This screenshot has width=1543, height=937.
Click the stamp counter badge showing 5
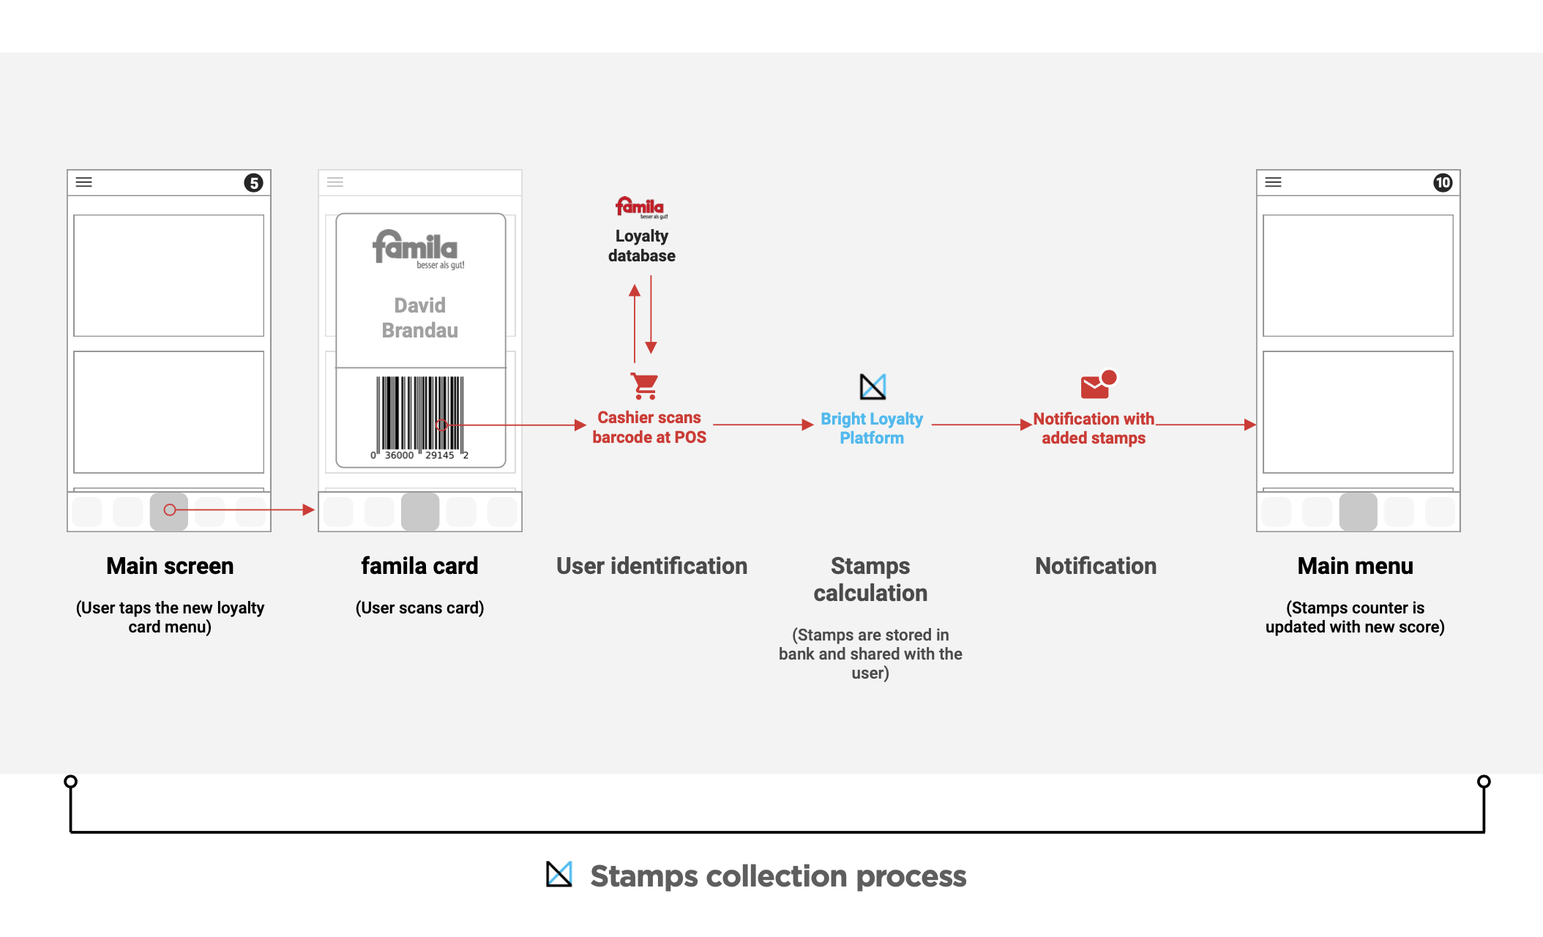tap(253, 182)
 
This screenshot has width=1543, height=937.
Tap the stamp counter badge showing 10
tap(1442, 182)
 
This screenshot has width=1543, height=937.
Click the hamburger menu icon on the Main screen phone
tap(84, 182)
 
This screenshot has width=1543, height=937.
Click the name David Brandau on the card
tap(420, 318)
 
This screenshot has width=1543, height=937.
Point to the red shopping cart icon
tap(645, 386)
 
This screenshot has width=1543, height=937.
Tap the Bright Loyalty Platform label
tap(872, 428)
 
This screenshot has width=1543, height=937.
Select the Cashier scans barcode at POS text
tap(649, 428)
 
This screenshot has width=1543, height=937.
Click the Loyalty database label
tap(642, 246)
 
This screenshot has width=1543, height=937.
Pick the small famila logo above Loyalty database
tap(641, 207)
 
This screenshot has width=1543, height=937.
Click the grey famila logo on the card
tap(418, 250)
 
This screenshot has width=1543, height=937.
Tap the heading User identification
tap(651, 566)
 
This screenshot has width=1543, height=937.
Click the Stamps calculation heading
tap(870, 579)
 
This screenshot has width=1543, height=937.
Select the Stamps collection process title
tap(778, 876)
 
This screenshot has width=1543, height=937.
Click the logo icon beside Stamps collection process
tap(559, 874)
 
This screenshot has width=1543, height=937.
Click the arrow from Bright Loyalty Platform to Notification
tap(982, 425)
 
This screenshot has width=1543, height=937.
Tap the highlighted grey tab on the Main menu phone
tap(1358, 512)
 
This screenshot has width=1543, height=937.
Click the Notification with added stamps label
tap(1094, 428)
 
